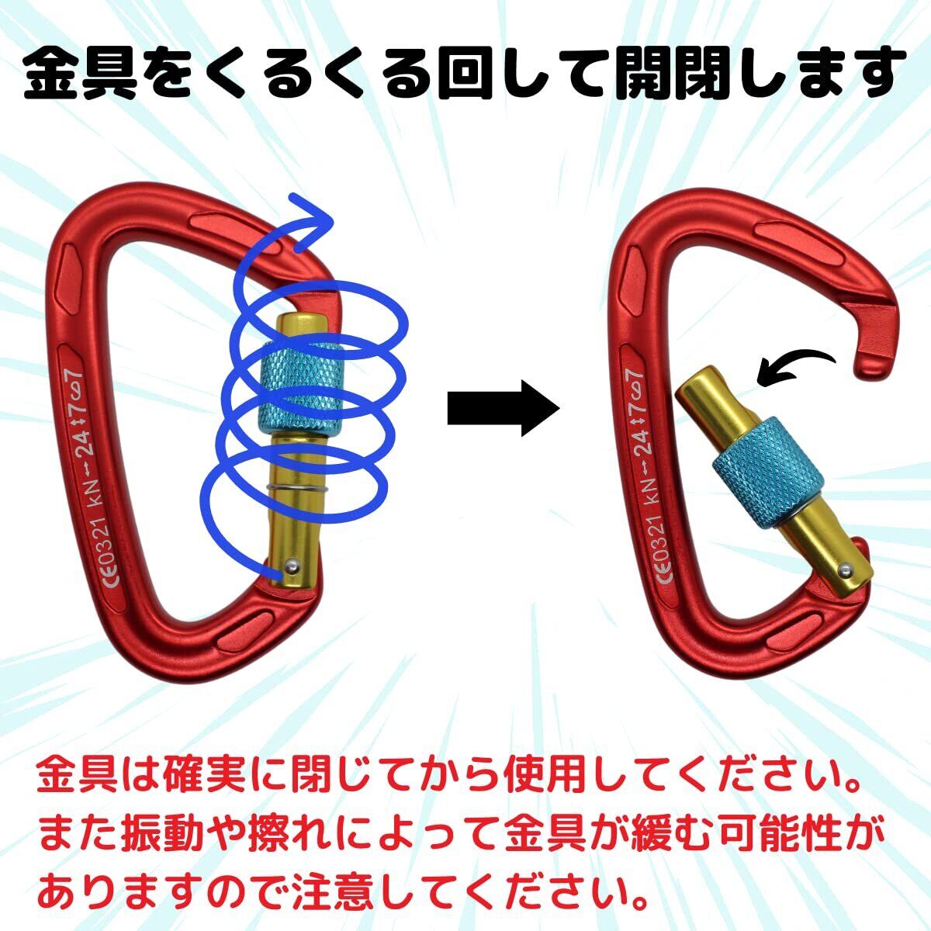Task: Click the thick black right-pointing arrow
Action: click(503, 408)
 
